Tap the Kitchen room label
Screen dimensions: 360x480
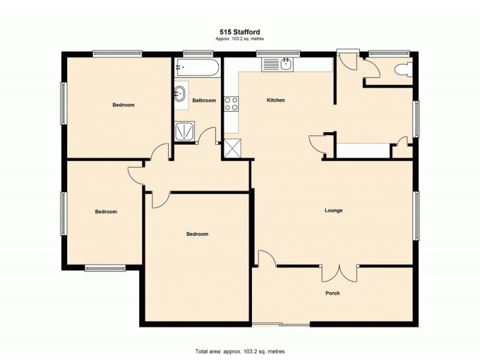[275, 100]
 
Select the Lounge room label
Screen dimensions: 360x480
[333, 211]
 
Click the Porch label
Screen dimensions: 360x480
[332, 293]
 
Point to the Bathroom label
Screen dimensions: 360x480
[204, 100]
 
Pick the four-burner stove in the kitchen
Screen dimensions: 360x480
[231, 103]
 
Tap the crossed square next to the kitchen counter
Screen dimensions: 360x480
[232, 148]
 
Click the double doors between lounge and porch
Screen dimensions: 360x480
[340, 274]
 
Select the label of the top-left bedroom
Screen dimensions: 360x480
[124, 105]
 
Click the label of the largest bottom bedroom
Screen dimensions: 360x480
[197, 234]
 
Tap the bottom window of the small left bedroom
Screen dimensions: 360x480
[104, 268]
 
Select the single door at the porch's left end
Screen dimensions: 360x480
[266, 259]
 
